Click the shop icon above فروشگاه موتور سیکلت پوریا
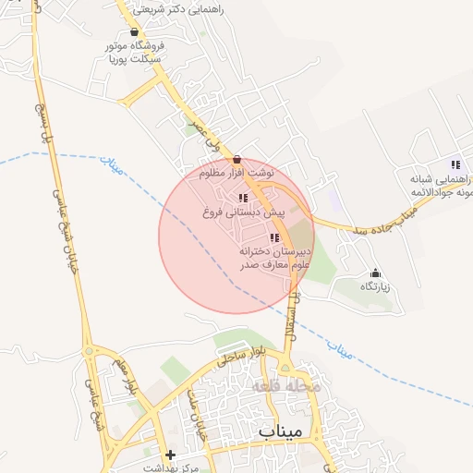coord(136,30)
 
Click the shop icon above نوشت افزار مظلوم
coord(237,159)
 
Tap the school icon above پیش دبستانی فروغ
coord(243,198)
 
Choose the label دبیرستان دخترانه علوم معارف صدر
coord(275,258)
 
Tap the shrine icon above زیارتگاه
coord(375,273)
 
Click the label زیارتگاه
coord(375,287)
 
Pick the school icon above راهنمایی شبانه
coord(455,164)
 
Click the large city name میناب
coord(281,432)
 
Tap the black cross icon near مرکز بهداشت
coord(169,455)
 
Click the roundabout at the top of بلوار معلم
coord(90,351)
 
